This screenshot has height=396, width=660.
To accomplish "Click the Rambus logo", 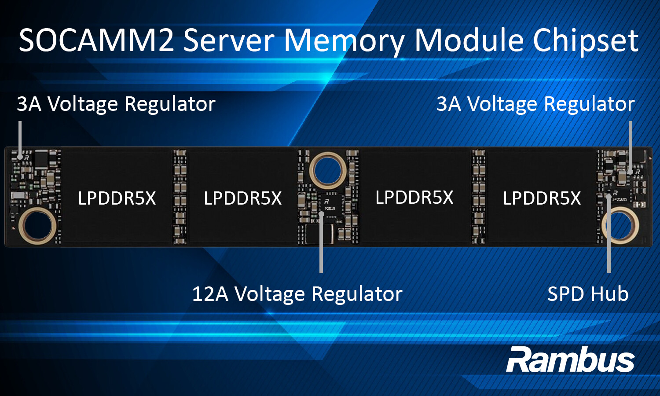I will click(570, 360).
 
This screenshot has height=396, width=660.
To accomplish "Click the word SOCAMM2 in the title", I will click(96, 40).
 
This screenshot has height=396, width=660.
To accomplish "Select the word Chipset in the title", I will click(586, 40).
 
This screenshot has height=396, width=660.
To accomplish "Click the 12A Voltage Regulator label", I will click(297, 294).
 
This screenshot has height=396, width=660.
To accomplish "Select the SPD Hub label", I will click(587, 294).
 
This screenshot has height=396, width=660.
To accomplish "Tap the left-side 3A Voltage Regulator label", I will click(116, 104).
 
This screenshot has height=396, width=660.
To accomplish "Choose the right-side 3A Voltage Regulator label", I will click(535, 104).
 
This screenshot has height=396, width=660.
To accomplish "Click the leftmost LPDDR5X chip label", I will click(117, 198).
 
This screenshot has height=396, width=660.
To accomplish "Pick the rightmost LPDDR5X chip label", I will click(542, 198).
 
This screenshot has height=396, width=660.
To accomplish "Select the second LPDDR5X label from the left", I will click(242, 198).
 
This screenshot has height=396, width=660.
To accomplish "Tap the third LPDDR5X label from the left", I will click(414, 198).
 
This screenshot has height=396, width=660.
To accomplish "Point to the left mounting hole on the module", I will click(37, 226).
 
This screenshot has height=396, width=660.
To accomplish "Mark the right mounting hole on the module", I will click(620, 225).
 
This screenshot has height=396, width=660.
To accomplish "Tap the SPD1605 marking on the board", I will click(620, 199).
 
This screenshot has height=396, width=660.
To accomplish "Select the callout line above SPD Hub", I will click(609, 238).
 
